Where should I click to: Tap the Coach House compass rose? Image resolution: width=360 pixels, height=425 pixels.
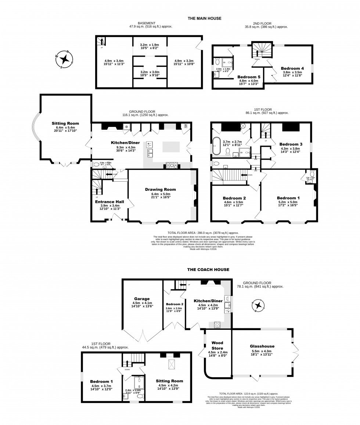click(259, 306)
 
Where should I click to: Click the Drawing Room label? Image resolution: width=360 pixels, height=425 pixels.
click(160, 189)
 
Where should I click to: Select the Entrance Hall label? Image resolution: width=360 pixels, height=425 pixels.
click(109, 202)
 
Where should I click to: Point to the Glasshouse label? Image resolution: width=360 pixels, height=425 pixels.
click(262, 346)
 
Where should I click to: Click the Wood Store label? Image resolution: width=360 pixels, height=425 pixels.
click(217, 345)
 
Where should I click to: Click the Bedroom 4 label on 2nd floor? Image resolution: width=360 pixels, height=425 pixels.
click(292, 68)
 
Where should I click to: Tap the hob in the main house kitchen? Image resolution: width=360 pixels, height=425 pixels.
click(172, 165)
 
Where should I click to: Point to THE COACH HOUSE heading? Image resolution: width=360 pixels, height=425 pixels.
click(208, 269)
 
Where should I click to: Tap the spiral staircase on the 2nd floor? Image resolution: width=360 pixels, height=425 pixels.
click(262, 51)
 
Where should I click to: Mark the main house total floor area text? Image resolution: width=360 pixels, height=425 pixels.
click(203, 233)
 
